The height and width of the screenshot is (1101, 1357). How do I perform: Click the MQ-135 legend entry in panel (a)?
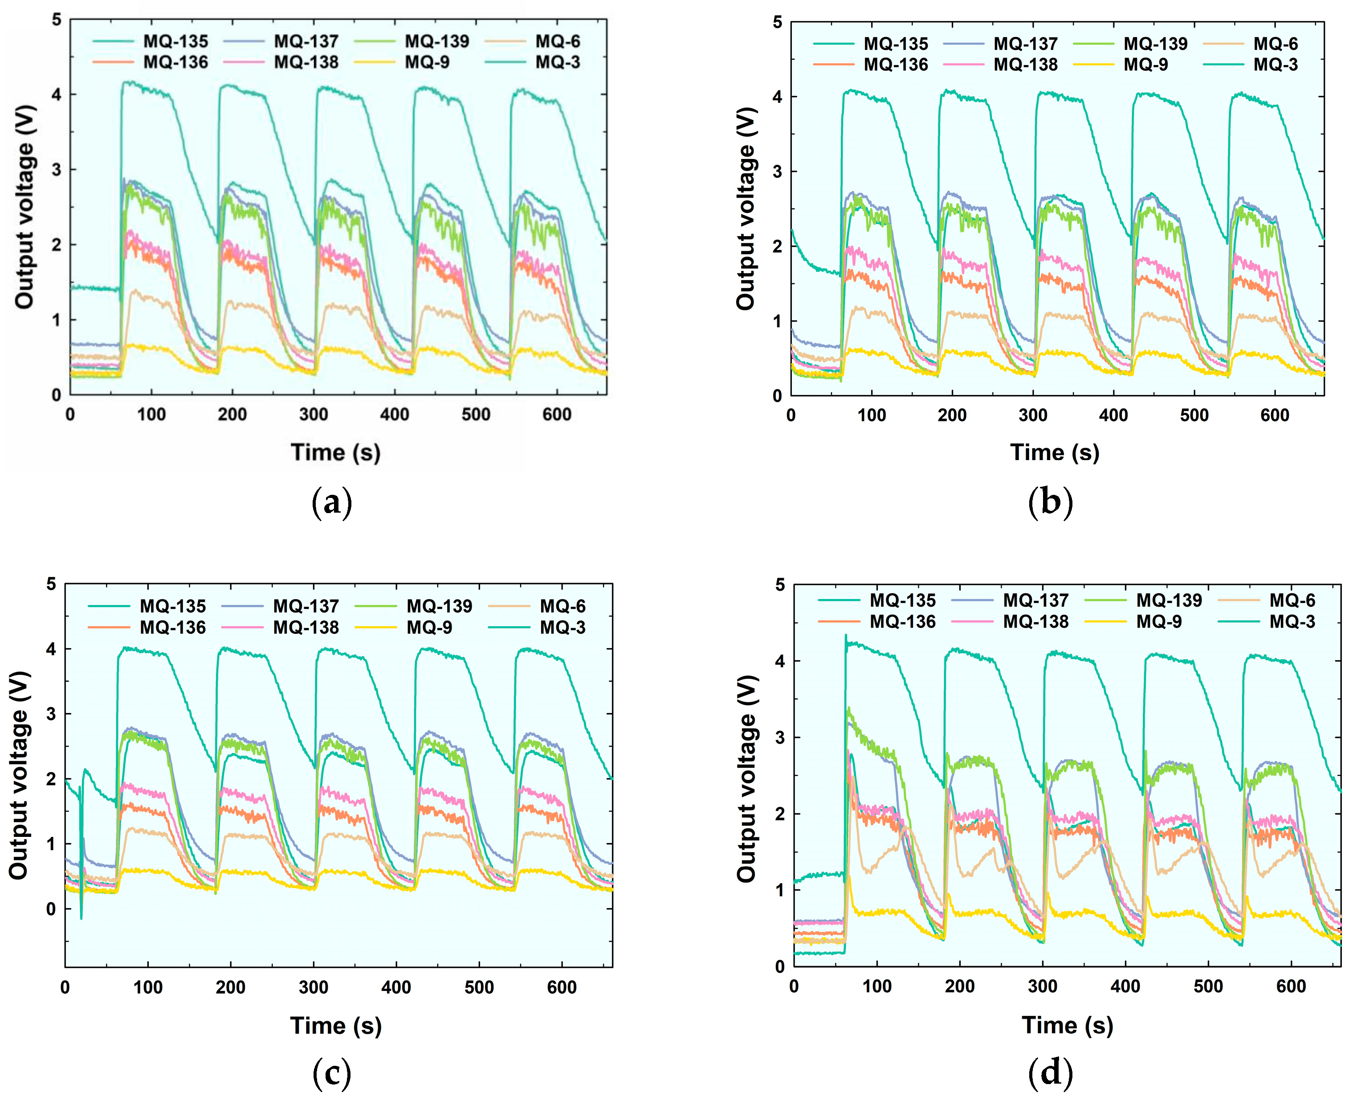[x=175, y=41]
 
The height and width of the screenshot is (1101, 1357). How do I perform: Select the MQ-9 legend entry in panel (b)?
[x=1145, y=65]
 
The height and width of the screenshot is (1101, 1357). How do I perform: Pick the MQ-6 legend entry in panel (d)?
[x=1292, y=600]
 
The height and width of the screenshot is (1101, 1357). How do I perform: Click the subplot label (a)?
[x=332, y=503]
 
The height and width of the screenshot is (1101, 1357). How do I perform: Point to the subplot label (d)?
[x=1050, y=1072]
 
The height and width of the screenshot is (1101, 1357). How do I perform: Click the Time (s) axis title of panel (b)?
[x=1055, y=452]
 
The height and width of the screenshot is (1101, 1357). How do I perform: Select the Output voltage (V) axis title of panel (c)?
[x=20, y=775]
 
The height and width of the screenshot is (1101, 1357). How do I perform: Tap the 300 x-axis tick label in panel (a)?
[x=313, y=415]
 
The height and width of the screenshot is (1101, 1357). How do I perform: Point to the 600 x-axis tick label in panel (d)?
[x=1291, y=987]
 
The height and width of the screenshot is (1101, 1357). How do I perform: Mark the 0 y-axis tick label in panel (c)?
[x=51, y=909]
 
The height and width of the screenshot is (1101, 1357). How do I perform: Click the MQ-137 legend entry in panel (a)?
[x=306, y=41]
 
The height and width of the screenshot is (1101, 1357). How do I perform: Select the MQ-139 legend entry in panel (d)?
[x=1169, y=600]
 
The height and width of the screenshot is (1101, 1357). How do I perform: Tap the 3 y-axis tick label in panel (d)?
[x=780, y=738]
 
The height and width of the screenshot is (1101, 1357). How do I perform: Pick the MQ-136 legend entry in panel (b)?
[x=895, y=65]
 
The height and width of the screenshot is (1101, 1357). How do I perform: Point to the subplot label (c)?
[x=332, y=1072]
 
